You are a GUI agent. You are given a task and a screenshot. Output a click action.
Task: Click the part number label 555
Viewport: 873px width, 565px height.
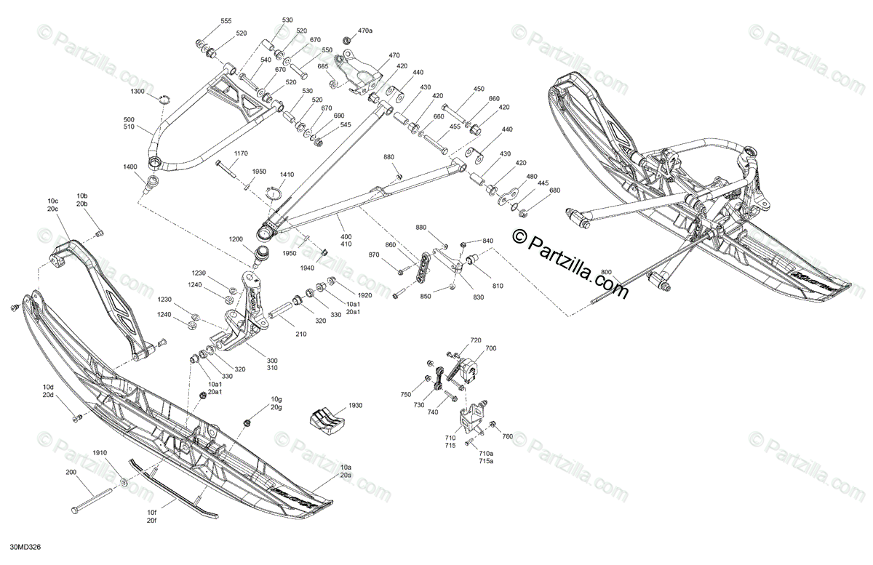click(x=226, y=22)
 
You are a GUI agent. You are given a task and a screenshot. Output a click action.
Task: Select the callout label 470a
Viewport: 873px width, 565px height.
click(x=365, y=31)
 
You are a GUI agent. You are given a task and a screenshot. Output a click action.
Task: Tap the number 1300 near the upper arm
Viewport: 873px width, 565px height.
click(x=137, y=92)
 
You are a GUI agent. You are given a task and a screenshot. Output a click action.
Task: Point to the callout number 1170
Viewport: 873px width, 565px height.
click(x=241, y=153)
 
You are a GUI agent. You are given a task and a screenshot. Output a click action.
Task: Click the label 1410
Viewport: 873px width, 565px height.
click(x=287, y=175)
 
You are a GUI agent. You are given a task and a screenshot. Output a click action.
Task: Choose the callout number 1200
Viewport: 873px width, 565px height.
click(x=236, y=239)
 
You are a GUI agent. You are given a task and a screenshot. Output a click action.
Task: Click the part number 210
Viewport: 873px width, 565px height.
click(x=301, y=334)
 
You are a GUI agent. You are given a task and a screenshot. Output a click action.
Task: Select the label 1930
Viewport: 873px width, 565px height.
click(x=355, y=405)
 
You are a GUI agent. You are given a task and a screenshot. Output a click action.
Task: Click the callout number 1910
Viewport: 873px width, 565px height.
click(x=100, y=453)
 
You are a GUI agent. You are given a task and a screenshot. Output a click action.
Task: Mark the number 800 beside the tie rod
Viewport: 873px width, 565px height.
click(x=606, y=272)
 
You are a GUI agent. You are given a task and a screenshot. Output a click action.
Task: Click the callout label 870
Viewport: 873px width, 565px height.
click(x=374, y=255)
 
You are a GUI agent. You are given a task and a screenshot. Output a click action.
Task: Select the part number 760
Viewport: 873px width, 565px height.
click(x=507, y=436)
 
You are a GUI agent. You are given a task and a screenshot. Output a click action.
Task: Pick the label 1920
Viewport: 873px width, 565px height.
click(x=364, y=295)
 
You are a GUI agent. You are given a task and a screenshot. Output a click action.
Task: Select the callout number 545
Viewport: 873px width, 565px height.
click(x=345, y=124)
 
